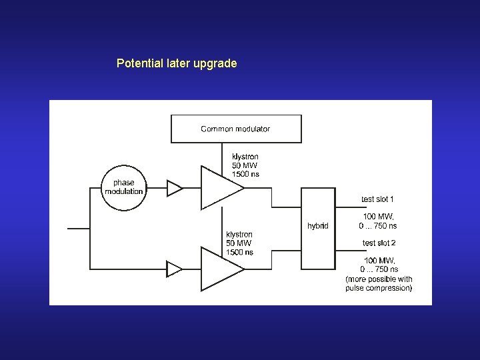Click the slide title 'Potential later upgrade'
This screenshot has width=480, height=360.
coord(177,64)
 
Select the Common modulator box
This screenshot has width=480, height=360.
coord(236,129)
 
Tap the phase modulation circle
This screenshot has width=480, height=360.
coord(123,187)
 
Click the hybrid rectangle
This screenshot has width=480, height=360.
coord(318,228)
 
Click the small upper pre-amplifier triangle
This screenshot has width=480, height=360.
coord(173,188)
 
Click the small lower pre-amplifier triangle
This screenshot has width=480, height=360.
coord(173,269)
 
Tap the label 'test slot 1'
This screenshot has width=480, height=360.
coord(377,199)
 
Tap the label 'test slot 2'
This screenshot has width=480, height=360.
coord(379,243)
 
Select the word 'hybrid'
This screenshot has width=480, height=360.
coord(318,226)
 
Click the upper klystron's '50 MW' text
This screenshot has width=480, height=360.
coord(245,165)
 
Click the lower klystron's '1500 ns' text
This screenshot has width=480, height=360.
coord(239,252)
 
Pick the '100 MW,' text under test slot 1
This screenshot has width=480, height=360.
coord(378,217)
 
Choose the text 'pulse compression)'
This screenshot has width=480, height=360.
coord(379,288)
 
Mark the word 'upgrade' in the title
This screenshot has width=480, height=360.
coord(215,64)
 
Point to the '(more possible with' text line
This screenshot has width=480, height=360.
coord(379,279)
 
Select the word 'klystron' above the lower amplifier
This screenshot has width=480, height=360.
coord(239,235)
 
